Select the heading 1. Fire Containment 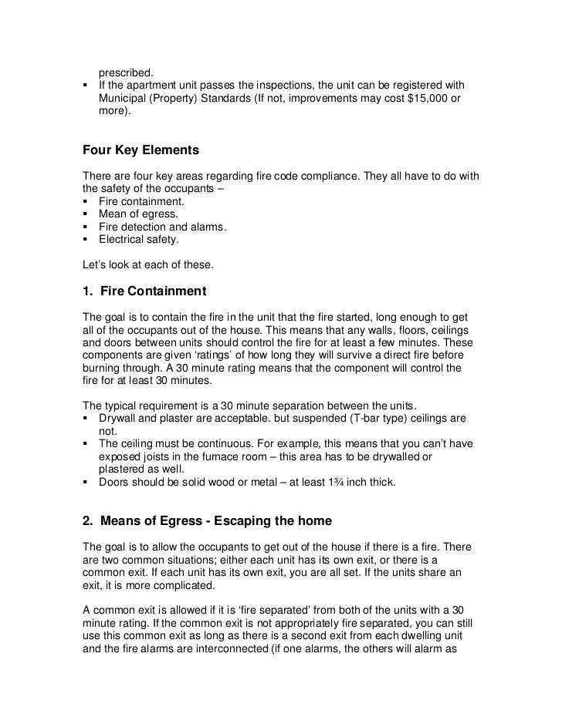point(144,291)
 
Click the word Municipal point(122,99)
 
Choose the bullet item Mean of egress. point(138,214)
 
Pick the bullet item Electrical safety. point(139,240)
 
